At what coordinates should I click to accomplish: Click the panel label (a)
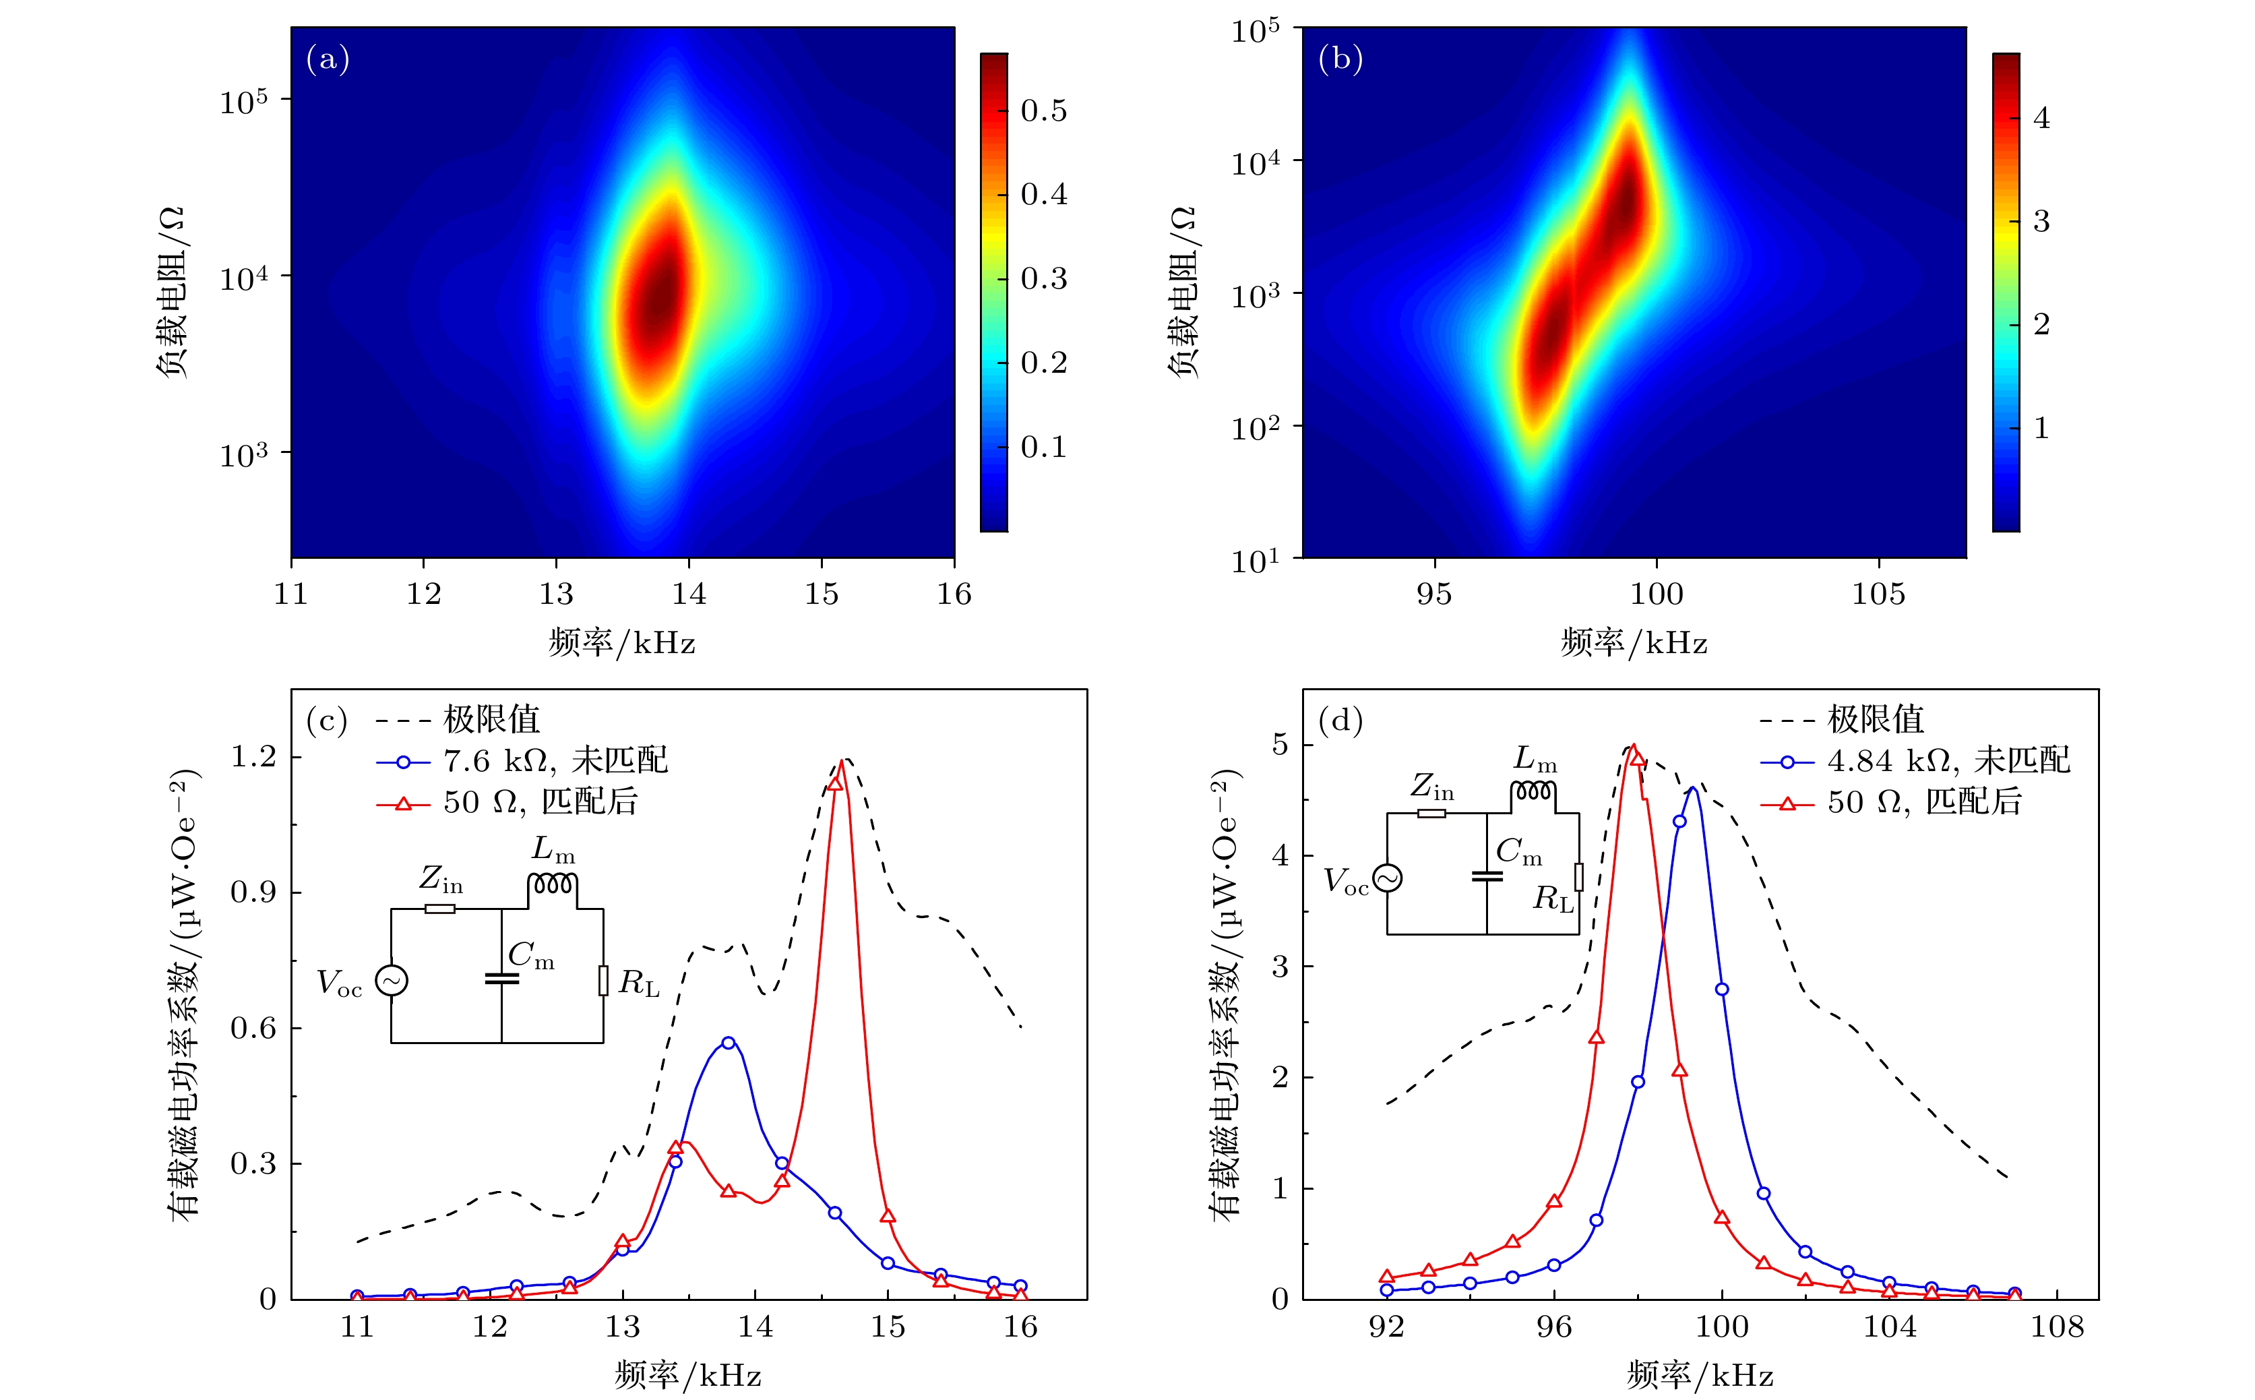coord(328,59)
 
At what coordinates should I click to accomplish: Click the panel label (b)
coord(1340,59)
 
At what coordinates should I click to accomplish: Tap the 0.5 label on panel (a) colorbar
coord(1043,111)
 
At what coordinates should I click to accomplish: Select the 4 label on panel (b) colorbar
coord(2040,119)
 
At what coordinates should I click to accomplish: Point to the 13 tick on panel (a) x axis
coord(557,594)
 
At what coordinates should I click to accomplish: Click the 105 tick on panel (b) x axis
coord(1878,594)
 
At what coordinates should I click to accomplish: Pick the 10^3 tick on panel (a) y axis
coord(243,454)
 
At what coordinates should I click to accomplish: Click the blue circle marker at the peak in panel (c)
coord(729,1043)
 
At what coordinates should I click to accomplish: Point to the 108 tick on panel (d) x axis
coord(2057,1327)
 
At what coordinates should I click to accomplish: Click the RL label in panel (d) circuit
coord(1553,898)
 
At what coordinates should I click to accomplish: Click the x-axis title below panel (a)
coord(621,642)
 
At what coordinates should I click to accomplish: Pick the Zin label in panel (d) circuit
coord(1432,786)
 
